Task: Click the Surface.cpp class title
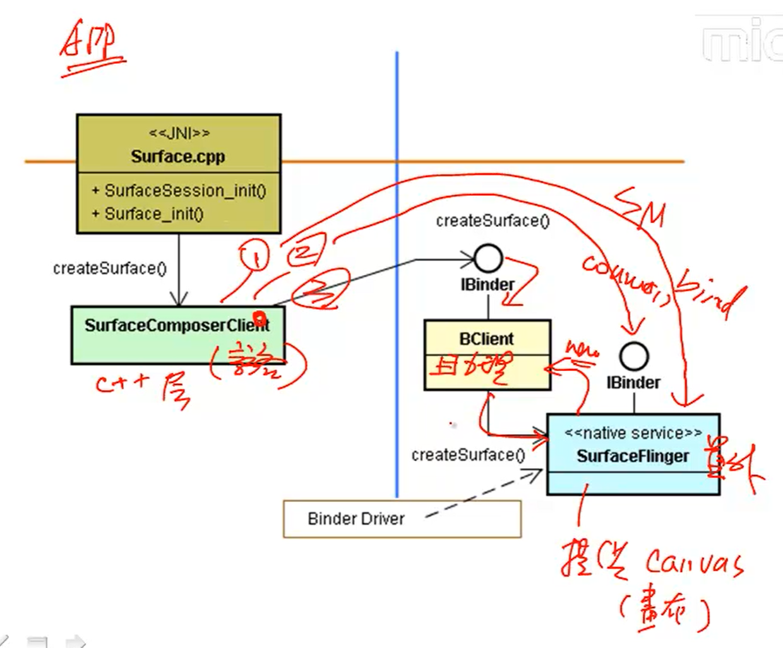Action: [177, 156]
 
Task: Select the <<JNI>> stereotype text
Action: [179, 133]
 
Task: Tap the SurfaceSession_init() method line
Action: [179, 190]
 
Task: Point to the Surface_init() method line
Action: [148, 214]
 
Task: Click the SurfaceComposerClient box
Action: [177, 334]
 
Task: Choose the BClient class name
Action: [486, 339]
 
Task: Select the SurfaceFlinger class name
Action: [632, 456]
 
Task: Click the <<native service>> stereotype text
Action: [633, 433]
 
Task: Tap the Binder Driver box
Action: [402, 519]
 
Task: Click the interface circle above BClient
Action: [487, 259]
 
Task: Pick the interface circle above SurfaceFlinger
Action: [633, 357]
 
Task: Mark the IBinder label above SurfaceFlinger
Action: [633, 382]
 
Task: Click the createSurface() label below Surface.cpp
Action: [109, 269]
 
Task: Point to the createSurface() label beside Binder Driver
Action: [468, 455]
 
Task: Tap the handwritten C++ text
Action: [123, 382]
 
